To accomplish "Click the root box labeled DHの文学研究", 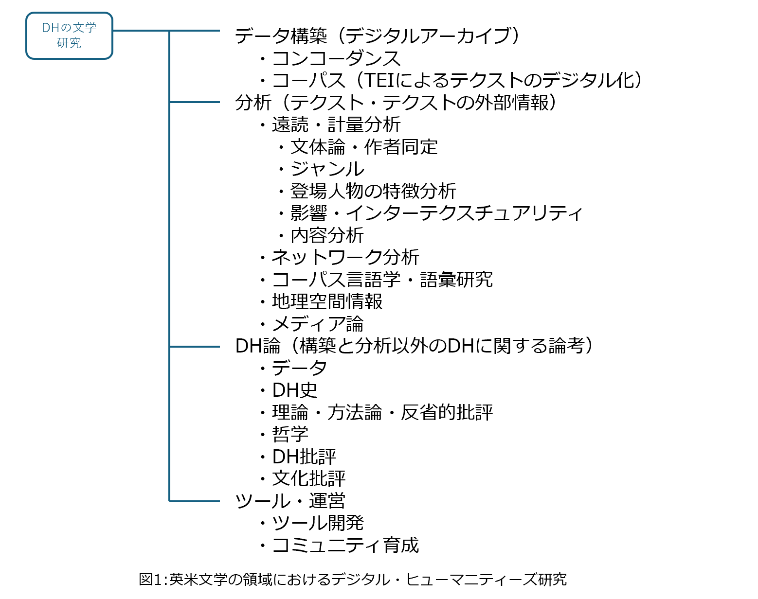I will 69,35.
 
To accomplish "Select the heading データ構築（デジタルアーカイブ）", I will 377,36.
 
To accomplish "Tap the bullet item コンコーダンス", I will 336,58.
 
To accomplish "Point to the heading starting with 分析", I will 395,103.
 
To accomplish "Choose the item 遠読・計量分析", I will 336,125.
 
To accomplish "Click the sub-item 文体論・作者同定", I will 363,147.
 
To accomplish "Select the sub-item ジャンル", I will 327,169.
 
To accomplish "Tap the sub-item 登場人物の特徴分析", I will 373,191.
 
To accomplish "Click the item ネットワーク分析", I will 345,257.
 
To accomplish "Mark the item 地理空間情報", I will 327,301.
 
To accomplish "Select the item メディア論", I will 317,324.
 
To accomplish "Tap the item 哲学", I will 290,434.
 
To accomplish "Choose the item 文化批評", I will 308,478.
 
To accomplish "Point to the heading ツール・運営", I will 290,501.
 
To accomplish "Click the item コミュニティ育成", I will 345,545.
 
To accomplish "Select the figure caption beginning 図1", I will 353,580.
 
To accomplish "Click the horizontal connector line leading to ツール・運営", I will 195,501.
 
